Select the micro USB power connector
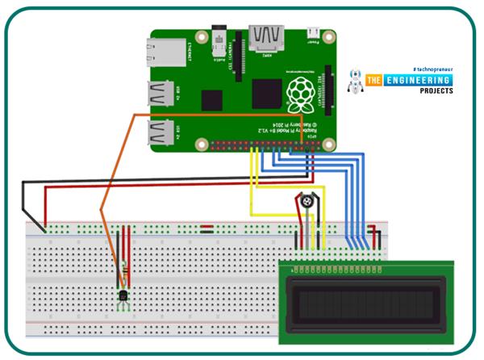click(x=312, y=35)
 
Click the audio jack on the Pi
click(x=217, y=38)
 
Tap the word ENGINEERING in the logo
click(x=422, y=80)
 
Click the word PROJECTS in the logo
click(x=436, y=91)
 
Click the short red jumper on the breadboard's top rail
click(x=207, y=227)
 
